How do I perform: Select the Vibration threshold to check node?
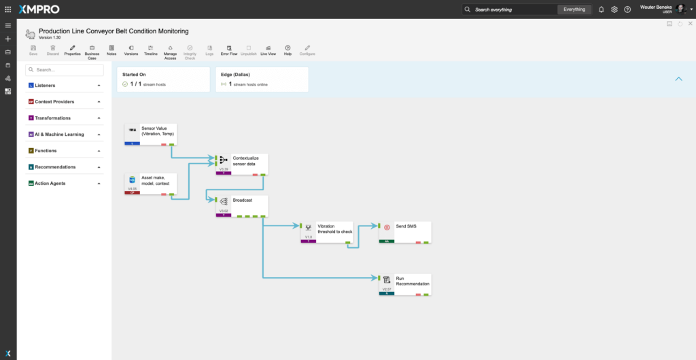click(327, 232)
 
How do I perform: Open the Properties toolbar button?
click(72, 50)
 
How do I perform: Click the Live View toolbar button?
click(268, 50)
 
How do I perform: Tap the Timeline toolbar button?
click(151, 50)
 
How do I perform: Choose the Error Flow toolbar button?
click(229, 50)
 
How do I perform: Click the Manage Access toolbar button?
click(170, 52)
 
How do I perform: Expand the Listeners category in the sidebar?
click(65, 86)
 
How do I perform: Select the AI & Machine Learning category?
click(65, 134)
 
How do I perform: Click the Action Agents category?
click(65, 183)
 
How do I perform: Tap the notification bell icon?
click(601, 10)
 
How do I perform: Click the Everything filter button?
click(574, 10)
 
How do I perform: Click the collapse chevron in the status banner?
click(678, 79)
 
